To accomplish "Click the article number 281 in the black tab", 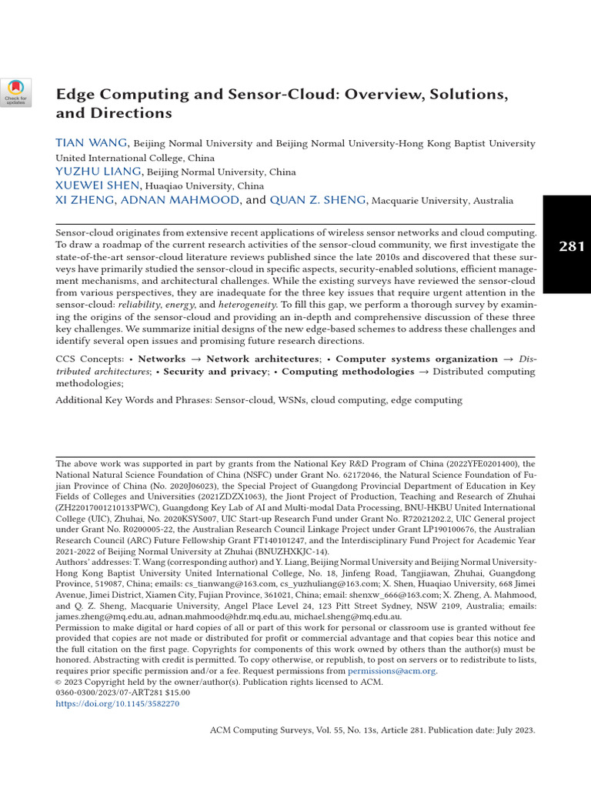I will click(570, 246).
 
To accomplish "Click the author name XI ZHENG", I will click(85, 200).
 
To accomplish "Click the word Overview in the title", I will click(390, 95).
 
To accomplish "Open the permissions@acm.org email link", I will click(392, 671).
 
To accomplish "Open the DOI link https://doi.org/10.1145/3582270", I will click(117, 703).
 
